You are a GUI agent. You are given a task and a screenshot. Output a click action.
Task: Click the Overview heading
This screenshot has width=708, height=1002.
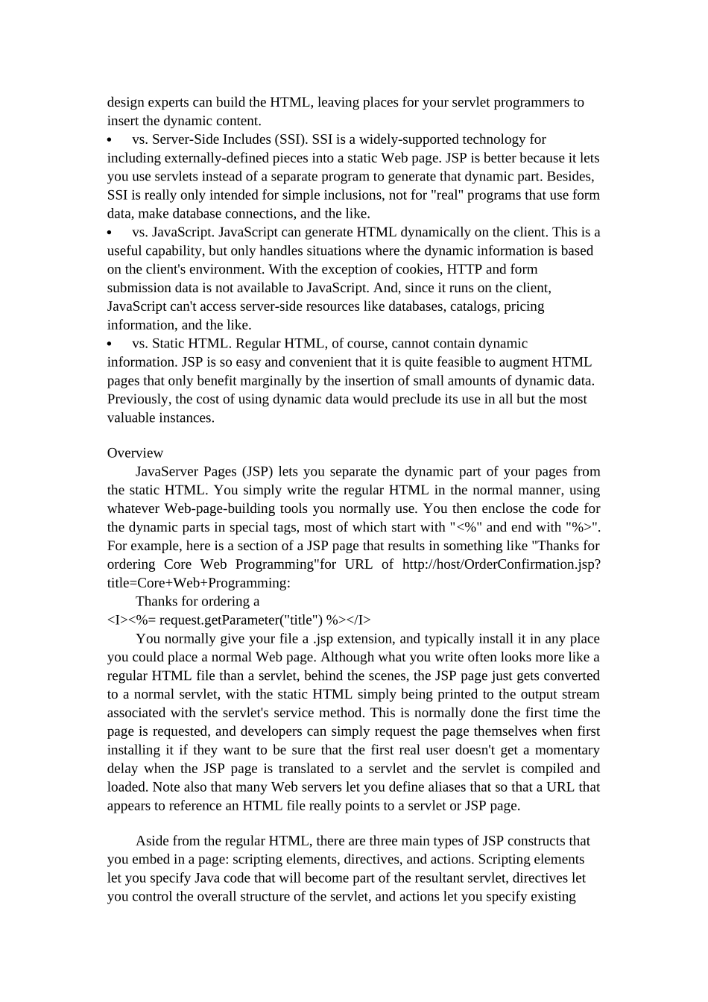(135, 453)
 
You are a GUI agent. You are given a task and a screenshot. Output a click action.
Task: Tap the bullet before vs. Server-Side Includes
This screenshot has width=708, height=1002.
(110, 140)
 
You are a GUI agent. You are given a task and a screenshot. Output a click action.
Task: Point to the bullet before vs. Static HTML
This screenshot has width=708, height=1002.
(110, 344)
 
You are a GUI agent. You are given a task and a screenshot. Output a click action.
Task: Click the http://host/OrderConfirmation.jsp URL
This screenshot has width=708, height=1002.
(501, 564)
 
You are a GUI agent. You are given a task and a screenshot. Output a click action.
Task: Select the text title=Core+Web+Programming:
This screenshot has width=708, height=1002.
(198, 583)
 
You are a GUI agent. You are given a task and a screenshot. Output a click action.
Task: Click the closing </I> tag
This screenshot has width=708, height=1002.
(359, 620)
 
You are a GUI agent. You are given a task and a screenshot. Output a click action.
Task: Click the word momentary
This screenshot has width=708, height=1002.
(566, 750)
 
